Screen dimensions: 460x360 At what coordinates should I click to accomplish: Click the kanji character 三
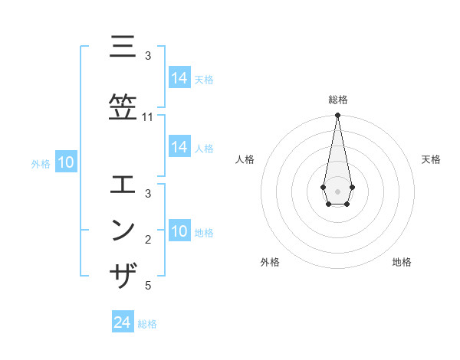tap(123, 47)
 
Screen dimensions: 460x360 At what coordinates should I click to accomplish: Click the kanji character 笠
tap(123, 104)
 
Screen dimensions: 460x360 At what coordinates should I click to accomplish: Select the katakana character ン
tap(123, 229)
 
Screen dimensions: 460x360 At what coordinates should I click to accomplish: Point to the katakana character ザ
tap(123, 275)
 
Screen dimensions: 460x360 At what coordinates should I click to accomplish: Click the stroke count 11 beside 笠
tap(148, 117)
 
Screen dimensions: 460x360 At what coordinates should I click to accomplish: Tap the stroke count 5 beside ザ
tap(148, 286)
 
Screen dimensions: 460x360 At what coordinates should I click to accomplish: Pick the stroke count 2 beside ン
tap(148, 241)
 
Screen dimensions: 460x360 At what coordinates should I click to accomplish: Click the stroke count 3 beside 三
tap(148, 56)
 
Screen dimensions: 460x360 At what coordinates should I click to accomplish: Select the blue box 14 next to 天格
tap(179, 77)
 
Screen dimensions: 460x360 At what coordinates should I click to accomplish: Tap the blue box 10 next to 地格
tap(179, 231)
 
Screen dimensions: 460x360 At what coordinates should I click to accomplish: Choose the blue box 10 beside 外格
tap(65, 162)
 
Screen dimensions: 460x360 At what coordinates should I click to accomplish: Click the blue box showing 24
tap(122, 322)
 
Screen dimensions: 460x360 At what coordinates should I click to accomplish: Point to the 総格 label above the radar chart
tap(337, 100)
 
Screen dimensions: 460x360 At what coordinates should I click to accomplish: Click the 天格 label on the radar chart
tap(431, 159)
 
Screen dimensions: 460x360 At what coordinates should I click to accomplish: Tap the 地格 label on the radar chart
tap(402, 262)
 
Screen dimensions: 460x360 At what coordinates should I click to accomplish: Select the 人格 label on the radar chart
tap(245, 159)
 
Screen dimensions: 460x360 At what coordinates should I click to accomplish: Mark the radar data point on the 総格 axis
tap(337, 116)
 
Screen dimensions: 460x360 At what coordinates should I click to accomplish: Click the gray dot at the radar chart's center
tap(337, 191)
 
